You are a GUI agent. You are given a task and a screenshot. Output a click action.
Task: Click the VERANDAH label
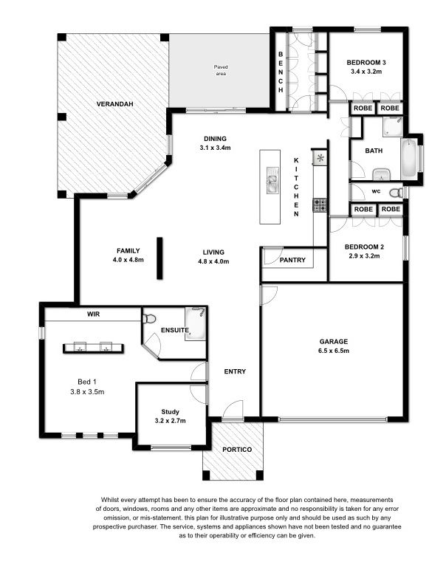(x=114, y=104)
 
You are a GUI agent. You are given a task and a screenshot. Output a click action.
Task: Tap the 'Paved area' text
(x=221, y=70)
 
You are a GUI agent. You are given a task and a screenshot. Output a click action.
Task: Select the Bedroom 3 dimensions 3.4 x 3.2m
(x=366, y=72)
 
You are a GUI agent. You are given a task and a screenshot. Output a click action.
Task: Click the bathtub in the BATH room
(x=409, y=158)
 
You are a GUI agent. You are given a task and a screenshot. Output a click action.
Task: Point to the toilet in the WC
(x=396, y=193)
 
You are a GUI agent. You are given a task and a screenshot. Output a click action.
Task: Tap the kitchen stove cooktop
(x=320, y=205)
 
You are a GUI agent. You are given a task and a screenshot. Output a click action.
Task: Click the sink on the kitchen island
(x=272, y=179)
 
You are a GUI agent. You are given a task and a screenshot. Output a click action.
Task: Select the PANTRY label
(x=292, y=260)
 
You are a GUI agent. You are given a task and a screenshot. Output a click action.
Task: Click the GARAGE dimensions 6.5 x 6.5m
(x=334, y=351)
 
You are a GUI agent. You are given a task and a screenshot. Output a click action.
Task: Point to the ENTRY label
(x=235, y=371)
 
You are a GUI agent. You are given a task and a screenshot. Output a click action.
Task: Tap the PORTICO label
(x=237, y=450)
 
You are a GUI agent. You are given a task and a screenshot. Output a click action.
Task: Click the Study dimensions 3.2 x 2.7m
(x=170, y=421)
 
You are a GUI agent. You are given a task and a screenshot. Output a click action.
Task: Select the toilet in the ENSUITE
(x=149, y=319)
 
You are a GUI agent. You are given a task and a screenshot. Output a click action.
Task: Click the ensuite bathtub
(x=196, y=323)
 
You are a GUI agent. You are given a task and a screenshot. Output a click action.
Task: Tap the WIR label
(x=93, y=315)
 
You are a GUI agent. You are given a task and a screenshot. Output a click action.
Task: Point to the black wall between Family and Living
(x=159, y=258)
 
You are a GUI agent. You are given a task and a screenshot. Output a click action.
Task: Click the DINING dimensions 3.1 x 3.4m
(x=215, y=148)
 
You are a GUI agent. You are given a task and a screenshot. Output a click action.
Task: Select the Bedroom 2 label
(x=364, y=247)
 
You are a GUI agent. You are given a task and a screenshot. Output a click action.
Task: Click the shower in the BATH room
(x=393, y=126)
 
